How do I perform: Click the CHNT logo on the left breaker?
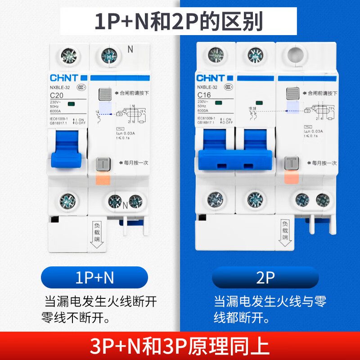coord(63,77)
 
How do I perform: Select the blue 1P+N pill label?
coord(94,278)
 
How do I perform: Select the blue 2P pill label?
coord(265,278)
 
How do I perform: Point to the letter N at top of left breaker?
coord(130,49)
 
